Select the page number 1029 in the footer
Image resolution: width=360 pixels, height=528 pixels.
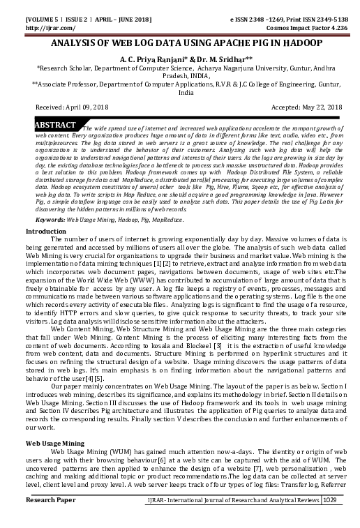[x=331, y=520]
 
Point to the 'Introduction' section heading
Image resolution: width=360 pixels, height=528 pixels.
[x=46, y=230]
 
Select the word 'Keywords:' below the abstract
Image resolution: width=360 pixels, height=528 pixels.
[x=50, y=219]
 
